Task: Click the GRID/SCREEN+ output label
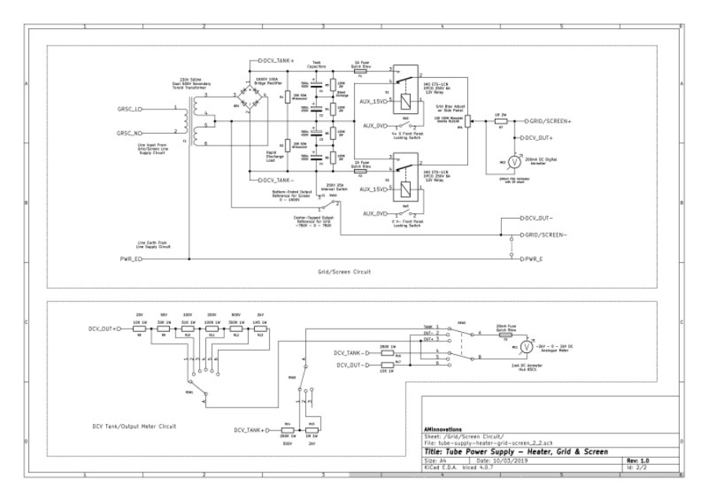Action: (x=551, y=122)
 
